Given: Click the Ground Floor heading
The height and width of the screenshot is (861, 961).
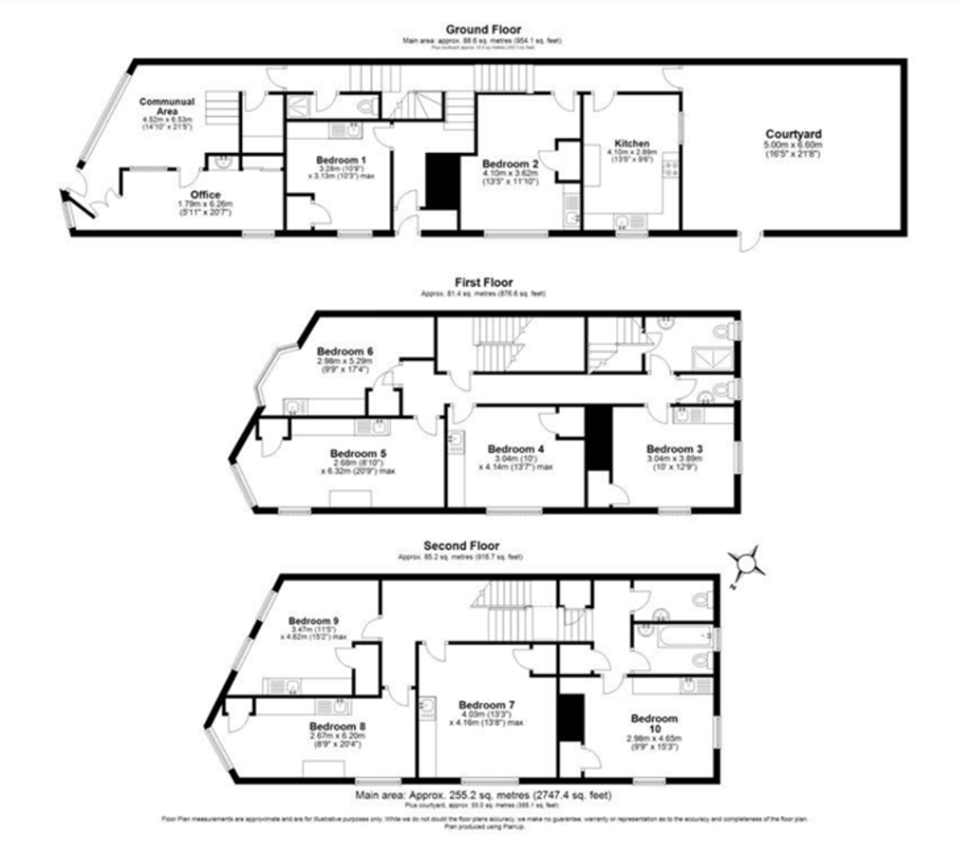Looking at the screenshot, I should click(482, 30).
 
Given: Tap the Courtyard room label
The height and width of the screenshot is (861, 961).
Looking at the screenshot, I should click(793, 135).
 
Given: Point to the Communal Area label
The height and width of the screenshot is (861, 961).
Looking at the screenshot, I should click(167, 107).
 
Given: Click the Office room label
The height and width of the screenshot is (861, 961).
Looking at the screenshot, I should click(205, 195).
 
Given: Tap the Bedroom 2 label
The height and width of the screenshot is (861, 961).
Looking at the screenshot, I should click(510, 164).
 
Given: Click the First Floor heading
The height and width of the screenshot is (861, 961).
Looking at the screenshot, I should click(483, 282).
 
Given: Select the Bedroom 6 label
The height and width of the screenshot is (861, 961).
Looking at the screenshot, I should click(345, 351).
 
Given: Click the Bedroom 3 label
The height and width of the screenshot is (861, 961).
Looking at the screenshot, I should click(674, 449).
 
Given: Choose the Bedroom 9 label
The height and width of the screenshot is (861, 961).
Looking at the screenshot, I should click(314, 621).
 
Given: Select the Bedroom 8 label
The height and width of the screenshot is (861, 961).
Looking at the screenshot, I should click(337, 726).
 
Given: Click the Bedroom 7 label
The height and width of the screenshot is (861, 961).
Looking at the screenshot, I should click(487, 705).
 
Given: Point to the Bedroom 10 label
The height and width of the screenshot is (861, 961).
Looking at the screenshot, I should click(653, 723).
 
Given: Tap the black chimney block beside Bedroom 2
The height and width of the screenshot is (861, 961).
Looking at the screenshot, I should click(439, 181).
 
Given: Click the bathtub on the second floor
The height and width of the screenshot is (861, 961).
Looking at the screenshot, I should click(674, 637).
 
